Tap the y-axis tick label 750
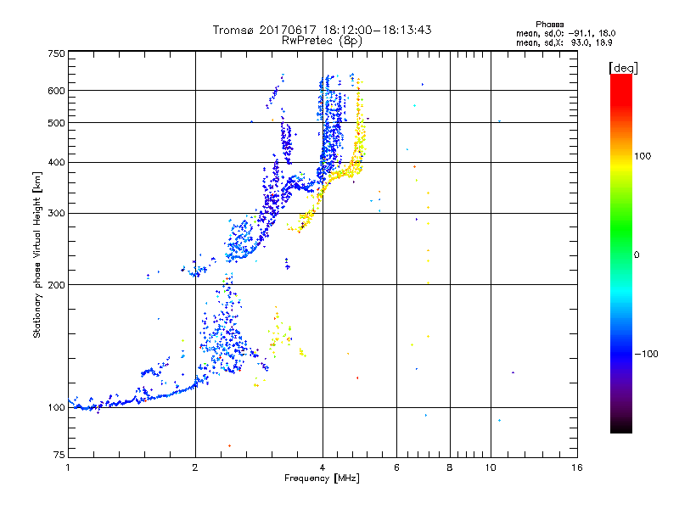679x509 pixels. (56, 53)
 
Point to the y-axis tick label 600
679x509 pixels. (56, 91)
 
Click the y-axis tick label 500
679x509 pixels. (56, 123)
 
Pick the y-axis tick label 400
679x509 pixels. (56, 162)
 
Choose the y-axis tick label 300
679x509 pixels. (56, 214)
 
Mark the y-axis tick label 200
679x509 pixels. (56, 285)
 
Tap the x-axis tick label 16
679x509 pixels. (576, 467)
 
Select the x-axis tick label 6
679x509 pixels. (396, 467)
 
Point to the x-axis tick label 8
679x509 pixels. (450, 467)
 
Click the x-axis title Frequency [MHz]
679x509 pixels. (323, 479)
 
